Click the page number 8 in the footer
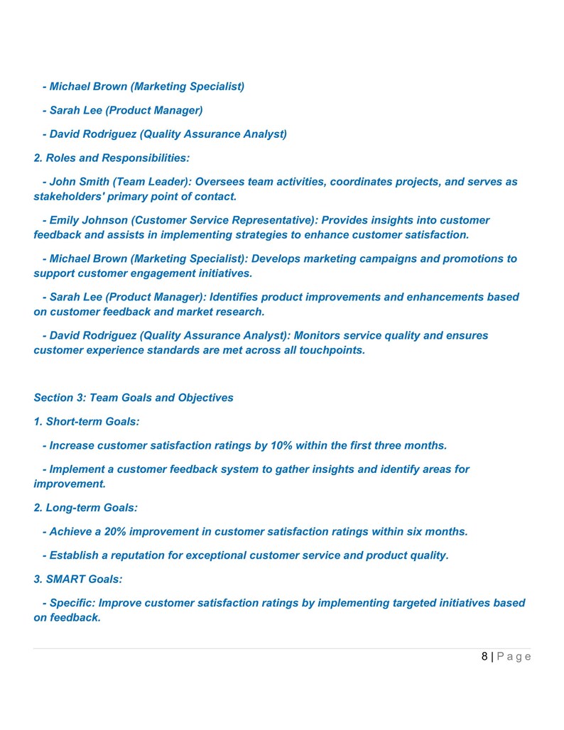click(484, 656)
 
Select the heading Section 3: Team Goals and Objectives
click(134, 398)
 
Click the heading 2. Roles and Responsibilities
click(112, 158)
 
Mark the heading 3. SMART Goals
click(78, 579)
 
